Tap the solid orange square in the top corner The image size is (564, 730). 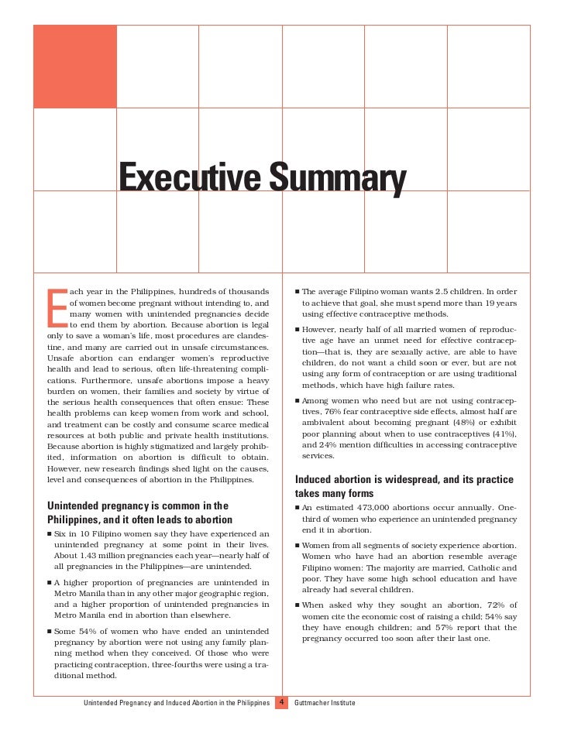[75, 66]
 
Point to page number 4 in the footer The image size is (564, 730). [282, 702]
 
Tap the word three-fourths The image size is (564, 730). [195, 663]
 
